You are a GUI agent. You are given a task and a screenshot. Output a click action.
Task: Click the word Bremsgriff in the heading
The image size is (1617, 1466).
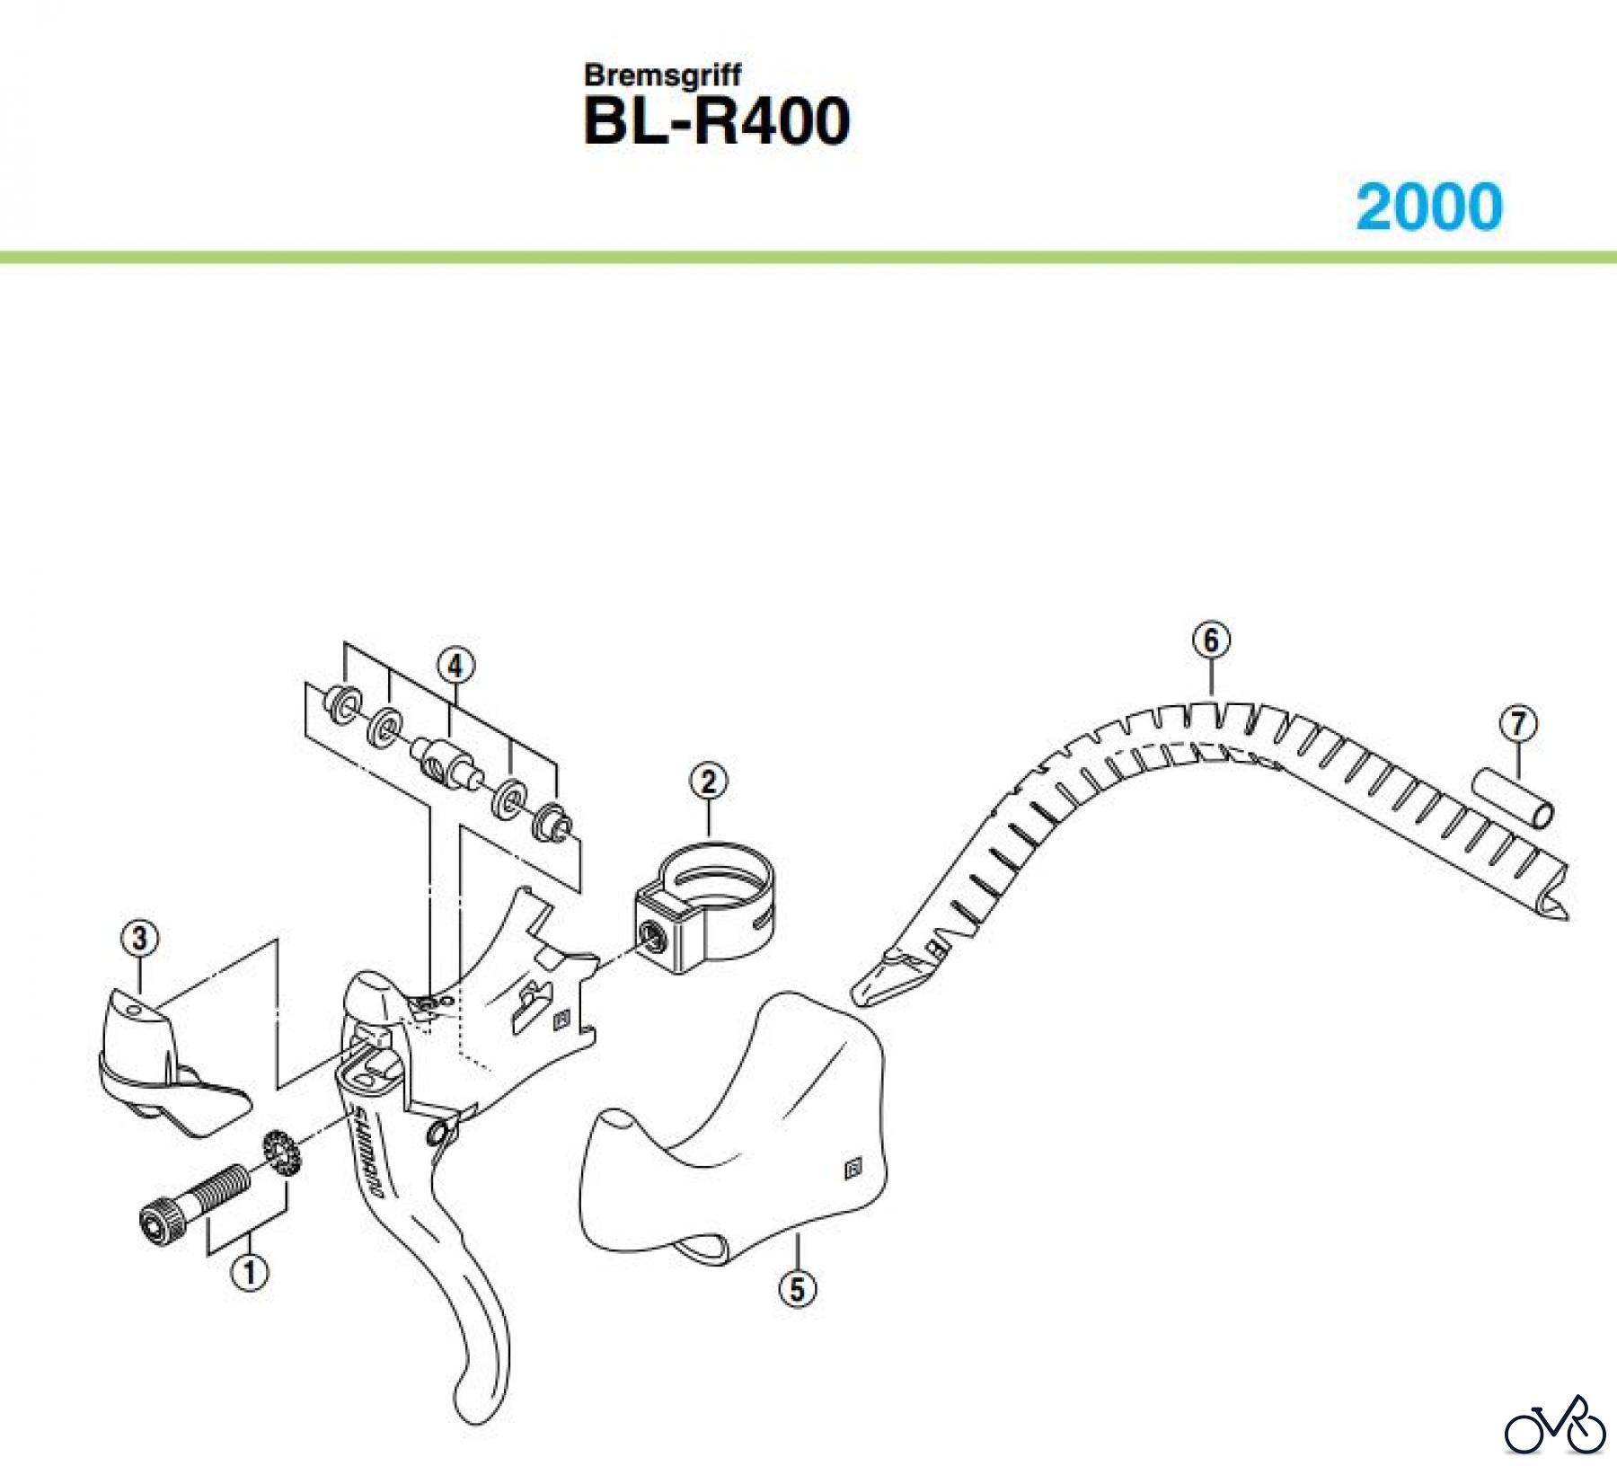[663, 75]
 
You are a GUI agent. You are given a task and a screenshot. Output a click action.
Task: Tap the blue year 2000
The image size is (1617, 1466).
[1428, 207]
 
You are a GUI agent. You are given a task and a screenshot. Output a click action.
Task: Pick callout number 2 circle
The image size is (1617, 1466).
[709, 781]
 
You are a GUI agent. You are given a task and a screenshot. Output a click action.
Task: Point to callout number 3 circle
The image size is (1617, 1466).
[139, 940]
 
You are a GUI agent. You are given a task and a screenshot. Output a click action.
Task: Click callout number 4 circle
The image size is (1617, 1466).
[455, 667]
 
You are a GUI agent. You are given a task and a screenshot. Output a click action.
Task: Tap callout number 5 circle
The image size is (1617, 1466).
[797, 1289]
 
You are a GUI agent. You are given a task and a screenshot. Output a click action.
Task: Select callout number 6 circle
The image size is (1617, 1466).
[1210, 640]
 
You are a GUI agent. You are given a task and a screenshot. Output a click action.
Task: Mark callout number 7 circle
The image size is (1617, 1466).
[1517, 724]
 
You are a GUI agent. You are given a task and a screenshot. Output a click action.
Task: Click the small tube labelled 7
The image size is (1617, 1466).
[1513, 796]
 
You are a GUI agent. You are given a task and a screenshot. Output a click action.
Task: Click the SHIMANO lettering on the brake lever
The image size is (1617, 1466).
[368, 1154]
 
